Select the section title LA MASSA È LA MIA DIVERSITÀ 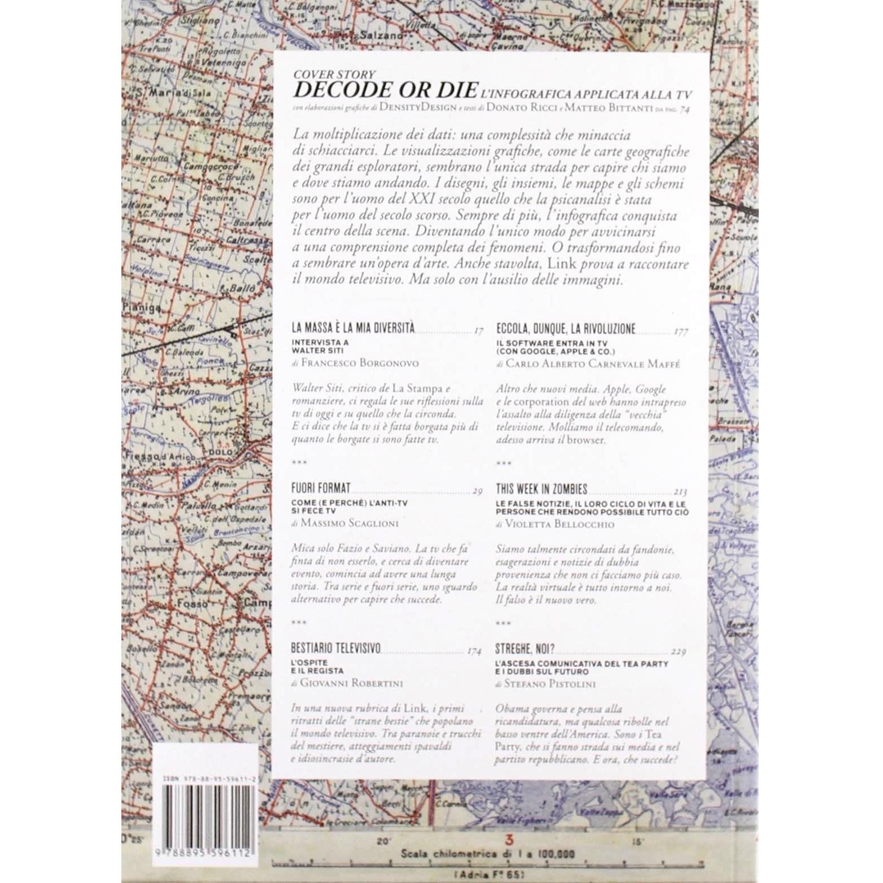pyautogui.click(x=353, y=327)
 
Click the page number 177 pyautogui.click(x=681, y=332)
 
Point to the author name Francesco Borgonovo pyautogui.click(x=360, y=363)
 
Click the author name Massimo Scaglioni pyautogui.click(x=349, y=523)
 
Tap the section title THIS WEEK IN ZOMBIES pyautogui.click(x=541, y=488)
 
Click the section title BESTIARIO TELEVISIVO pyautogui.click(x=336, y=648)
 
